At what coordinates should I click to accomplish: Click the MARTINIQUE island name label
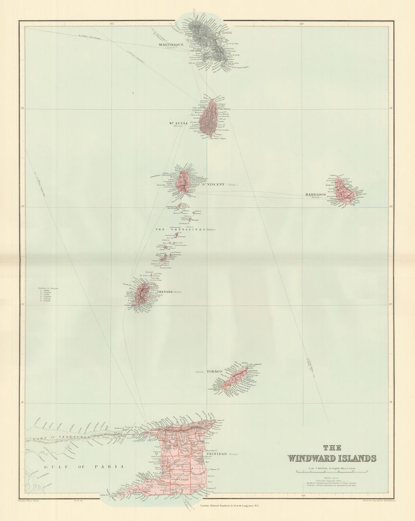pos(171,45)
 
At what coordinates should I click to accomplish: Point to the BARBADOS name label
pos(315,195)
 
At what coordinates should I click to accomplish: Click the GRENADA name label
pos(162,292)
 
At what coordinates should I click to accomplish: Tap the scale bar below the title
pos(332,472)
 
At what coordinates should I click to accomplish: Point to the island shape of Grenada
pos(141,294)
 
